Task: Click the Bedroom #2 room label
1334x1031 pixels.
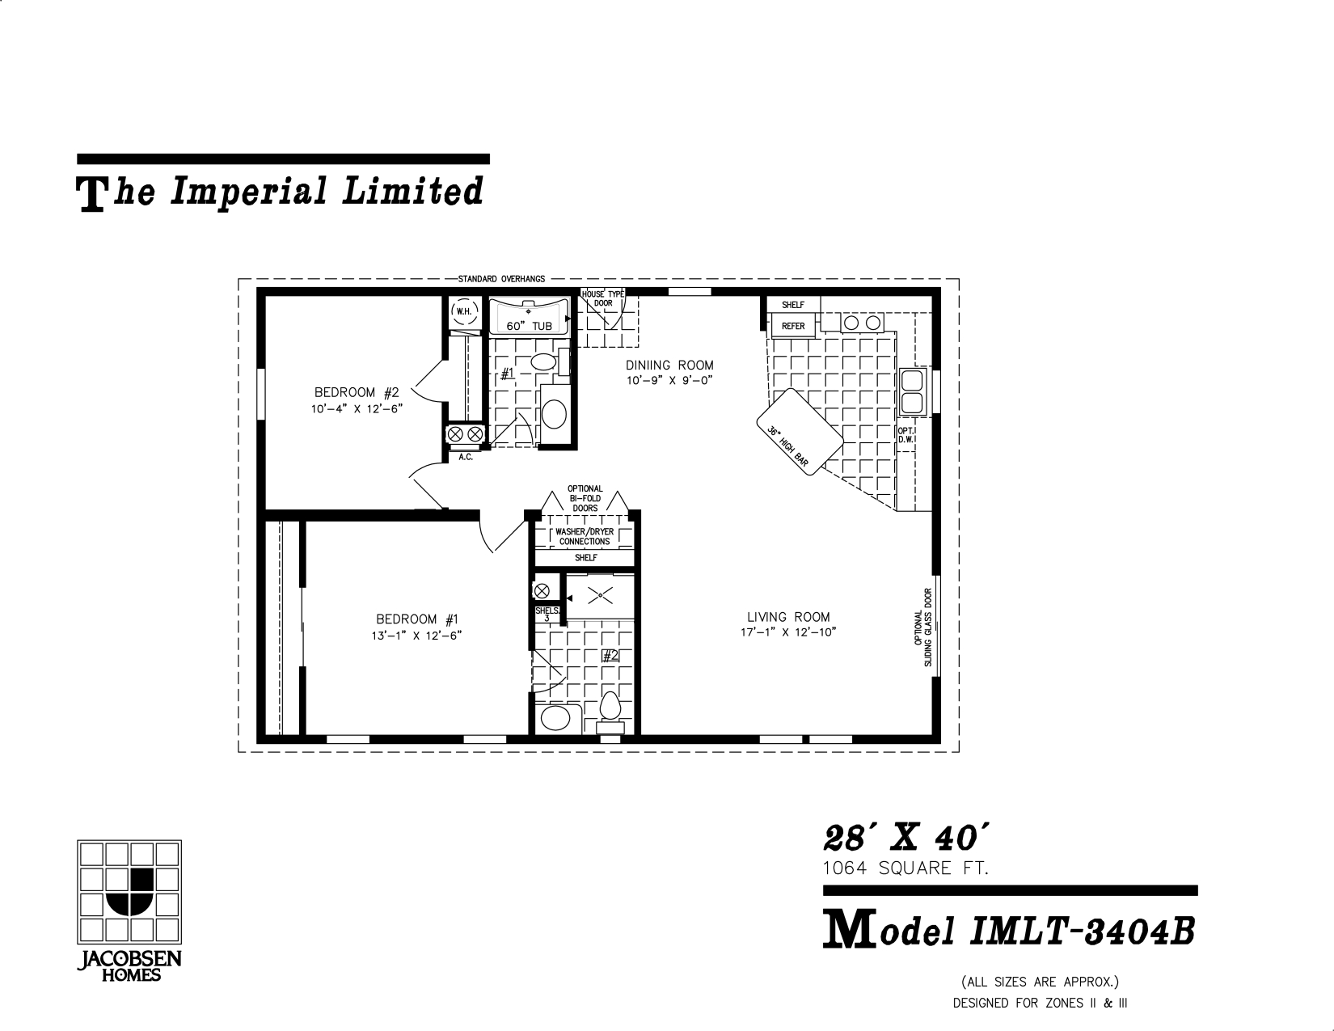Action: pyautogui.click(x=357, y=392)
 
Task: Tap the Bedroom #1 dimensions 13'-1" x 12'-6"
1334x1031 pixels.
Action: pyautogui.click(x=416, y=636)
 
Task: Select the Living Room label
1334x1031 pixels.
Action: pyautogui.click(x=788, y=617)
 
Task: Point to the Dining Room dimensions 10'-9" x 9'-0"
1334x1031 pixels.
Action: pyautogui.click(x=669, y=381)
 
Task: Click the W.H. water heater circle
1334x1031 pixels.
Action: pyautogui.click(x=464, y=311)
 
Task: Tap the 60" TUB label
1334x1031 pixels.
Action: pyautogui.click(x=529, y=326)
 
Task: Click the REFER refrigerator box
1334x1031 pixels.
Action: pyautogui.click(x=792, y=326)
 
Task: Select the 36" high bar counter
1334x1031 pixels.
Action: pyautogui.click(x=800, y=432)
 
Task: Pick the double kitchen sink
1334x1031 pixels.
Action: pyautogui.click(x=912, y=392)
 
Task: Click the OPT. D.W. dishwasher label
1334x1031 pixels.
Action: pyautogui.click(x=906, y=435)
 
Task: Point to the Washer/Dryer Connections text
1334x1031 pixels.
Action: pyautogui.click(x=585, y=537)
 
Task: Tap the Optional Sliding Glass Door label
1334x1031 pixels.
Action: pyautogui.click(x=923, y=627)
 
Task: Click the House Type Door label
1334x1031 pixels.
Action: pyautogui.click(x=603, y=298)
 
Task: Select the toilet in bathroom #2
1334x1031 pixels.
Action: pyautogui.click(x=610, y=710)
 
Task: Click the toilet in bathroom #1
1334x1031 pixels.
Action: pyautogui.click(x=542, y=361)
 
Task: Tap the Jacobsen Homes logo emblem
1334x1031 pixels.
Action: pyautogui.click(x=129, y=892)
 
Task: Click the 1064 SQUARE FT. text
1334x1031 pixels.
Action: pyautogui.click(x=906, y=868)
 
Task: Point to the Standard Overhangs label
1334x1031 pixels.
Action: pyautogui.click(x=501, y=279)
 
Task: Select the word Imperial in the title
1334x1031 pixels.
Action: pyautogui.click(x=248, y=191)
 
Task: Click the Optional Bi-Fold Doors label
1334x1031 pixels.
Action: pyautogui.click(x=585, y=498)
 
